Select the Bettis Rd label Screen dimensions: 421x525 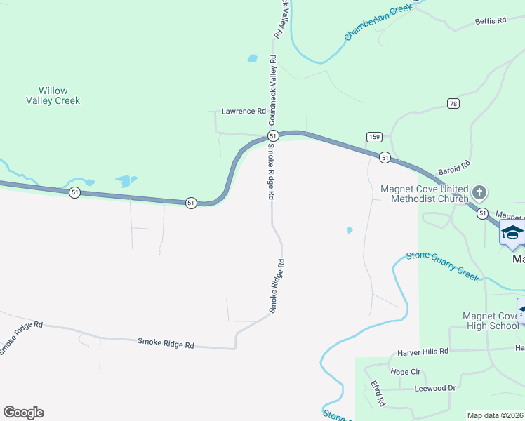[490, 21]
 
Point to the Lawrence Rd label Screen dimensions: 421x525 [244, 111]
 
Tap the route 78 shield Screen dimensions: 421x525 [454, 104]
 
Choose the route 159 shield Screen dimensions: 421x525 [373, 136]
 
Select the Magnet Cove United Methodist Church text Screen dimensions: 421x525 [424, 193]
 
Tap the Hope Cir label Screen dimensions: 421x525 [405, 371]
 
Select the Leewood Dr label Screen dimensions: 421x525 [435, 387]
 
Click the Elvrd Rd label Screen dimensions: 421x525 [378, 394]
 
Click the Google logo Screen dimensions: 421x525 [23, 413]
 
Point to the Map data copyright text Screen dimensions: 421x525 [496, 415]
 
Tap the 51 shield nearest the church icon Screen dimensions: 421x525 [481, 213]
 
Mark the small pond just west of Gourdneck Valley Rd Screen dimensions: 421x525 [252, 59]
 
